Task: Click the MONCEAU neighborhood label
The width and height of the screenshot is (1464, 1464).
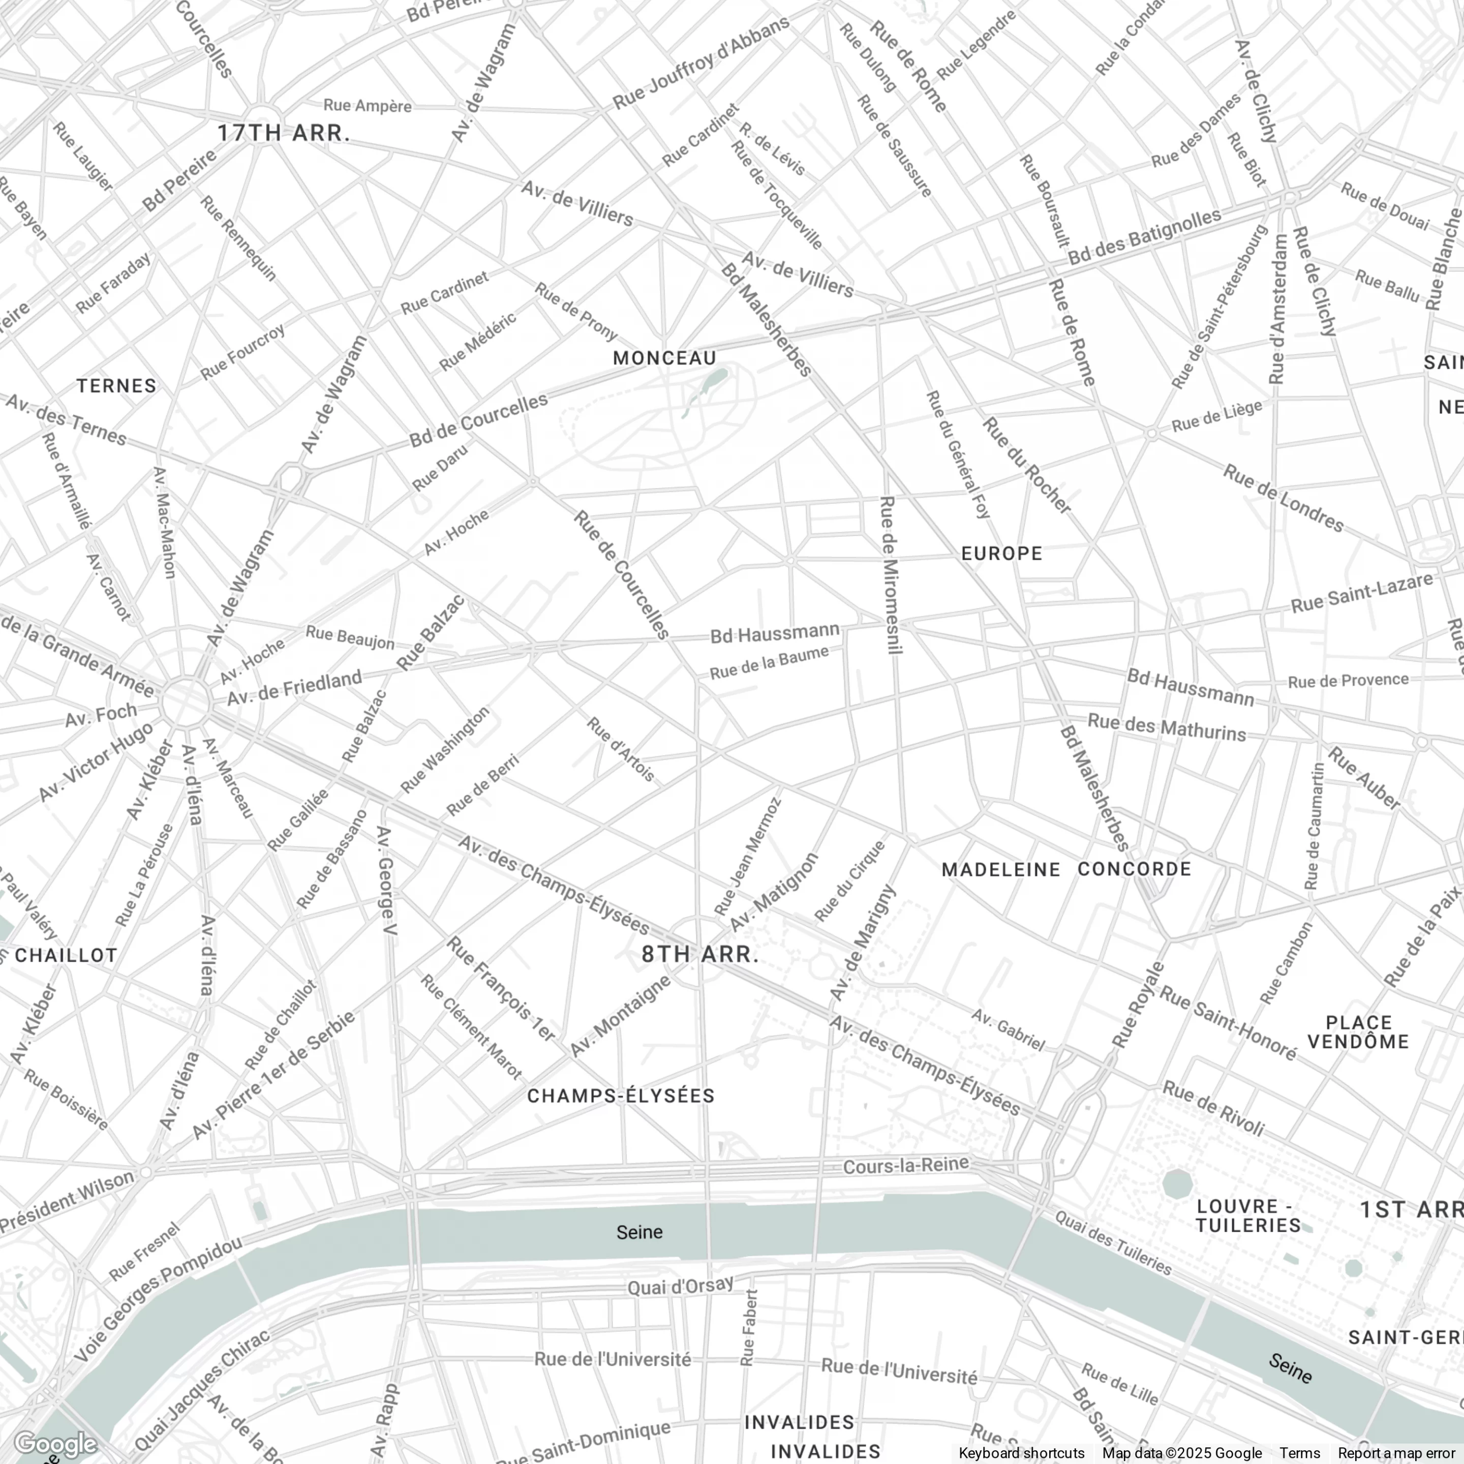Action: coord(664,358)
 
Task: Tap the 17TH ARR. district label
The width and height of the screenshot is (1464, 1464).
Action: coord(284,133)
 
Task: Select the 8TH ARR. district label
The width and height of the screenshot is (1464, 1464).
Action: coord(700,954)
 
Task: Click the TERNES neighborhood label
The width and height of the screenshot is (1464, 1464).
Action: coord(117,386)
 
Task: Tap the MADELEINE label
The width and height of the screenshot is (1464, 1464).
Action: coord(1001,869)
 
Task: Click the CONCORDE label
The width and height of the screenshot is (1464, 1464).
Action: coord(1135,868)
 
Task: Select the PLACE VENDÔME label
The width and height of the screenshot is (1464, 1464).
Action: coord(1358,1032)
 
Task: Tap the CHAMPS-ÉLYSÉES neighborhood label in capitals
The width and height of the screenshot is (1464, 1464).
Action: coord(621,1096)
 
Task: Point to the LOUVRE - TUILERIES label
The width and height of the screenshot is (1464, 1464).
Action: coord(1248,1215)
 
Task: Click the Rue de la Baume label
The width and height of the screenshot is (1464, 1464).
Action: coord(769,663)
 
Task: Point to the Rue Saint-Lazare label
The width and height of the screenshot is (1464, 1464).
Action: coord(1362,593)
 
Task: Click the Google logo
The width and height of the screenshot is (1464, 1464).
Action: coord(54,1444)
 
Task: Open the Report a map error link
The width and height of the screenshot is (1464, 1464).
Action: coord(1396,1453)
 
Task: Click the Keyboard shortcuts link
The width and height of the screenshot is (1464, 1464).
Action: coord(1021,1453)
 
